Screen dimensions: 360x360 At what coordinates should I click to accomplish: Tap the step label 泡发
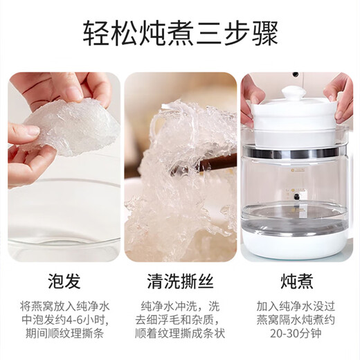click(64, 281)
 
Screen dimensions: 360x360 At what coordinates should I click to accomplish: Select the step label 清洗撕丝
click(180, 281)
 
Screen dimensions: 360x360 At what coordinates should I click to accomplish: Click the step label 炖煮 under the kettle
click(297, 281)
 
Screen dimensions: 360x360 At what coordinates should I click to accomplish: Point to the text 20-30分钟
click(296, 334)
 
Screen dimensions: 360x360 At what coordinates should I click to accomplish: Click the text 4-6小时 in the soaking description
click(87, 321)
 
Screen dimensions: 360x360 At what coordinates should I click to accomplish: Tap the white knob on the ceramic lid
click(294, 92)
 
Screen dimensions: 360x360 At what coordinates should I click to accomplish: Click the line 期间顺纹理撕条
click(64, 334)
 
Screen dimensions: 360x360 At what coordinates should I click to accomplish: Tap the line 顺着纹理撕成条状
click(180, 334)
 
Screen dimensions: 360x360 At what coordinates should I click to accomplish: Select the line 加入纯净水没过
click(296, 307)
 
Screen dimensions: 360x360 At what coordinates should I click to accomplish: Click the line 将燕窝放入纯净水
click(64, 307)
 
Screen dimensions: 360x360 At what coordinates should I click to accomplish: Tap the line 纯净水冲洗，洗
click(180, 307)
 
